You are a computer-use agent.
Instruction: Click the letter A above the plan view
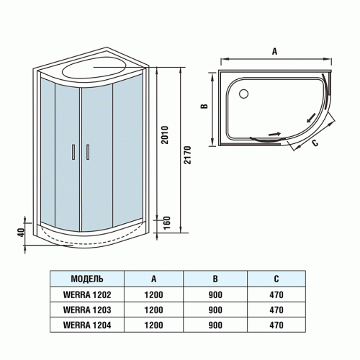click(x=275, y=51)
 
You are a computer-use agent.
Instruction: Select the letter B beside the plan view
click(x=204, y=106)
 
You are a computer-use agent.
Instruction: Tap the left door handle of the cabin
click(x=73, y=151)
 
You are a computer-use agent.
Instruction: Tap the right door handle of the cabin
click(x=87, y=151)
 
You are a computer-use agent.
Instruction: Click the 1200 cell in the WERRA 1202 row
click(x=153, y=294)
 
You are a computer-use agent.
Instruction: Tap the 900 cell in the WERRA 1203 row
click(x=216, y=310)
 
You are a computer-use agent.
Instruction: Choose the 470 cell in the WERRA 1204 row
click(x=277, y=325)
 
